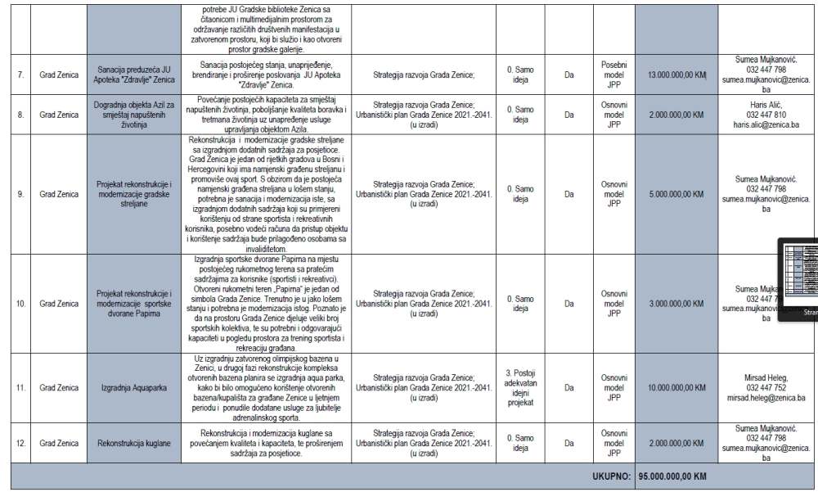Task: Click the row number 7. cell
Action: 20,74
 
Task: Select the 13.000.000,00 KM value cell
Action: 676,74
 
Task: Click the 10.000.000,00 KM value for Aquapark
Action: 676,389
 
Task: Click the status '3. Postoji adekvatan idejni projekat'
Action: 520,389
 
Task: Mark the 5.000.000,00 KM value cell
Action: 676,195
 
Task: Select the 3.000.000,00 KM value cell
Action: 676,303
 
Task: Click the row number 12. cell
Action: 20,443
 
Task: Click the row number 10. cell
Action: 20,303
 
